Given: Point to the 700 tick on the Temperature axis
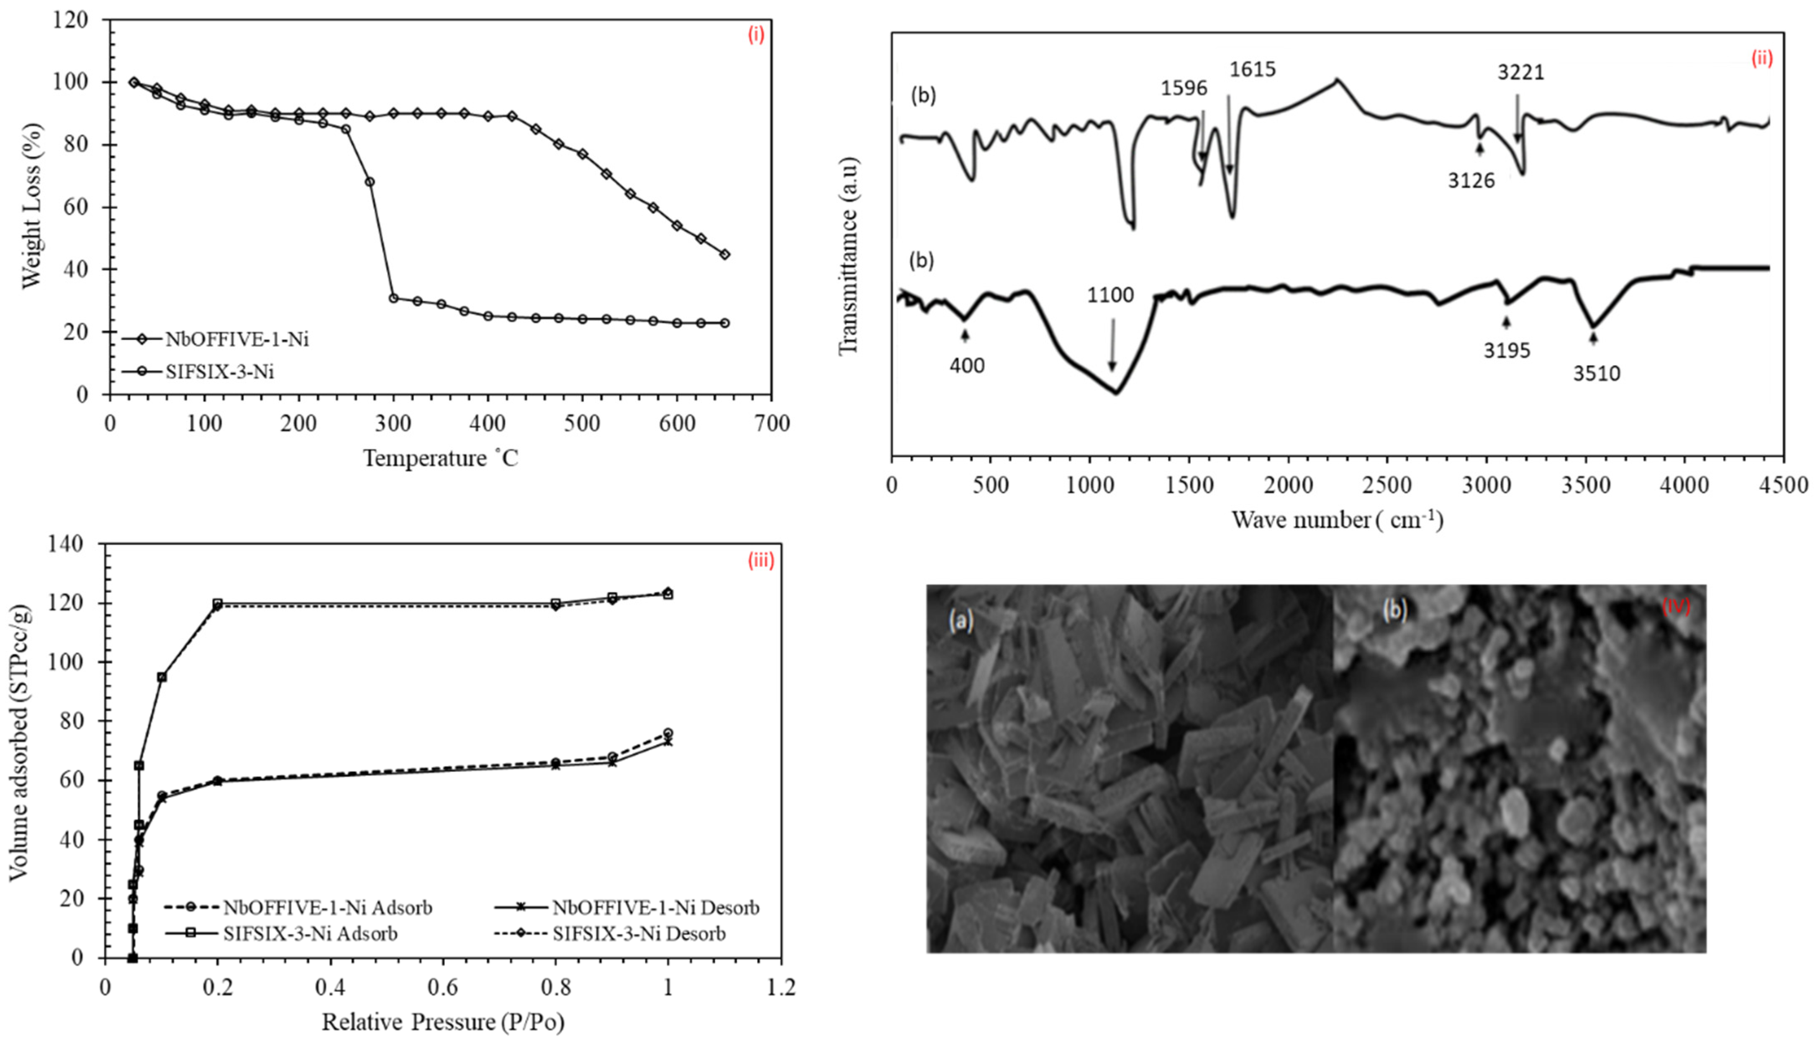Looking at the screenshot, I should coord(771,424).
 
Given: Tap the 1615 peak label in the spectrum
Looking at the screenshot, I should coord(1253,69).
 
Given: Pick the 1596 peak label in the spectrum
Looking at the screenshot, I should coord(1184,88).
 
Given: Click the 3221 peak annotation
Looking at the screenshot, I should coord(1520,72).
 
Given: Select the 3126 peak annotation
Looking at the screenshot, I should coord(1471,180).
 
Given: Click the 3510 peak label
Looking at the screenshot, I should coord(1597,373).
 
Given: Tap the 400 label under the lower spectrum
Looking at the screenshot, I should coord(967,365).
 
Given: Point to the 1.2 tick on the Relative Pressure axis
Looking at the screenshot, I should coord(781,989).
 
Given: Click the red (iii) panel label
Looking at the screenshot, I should coord(760,561).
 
